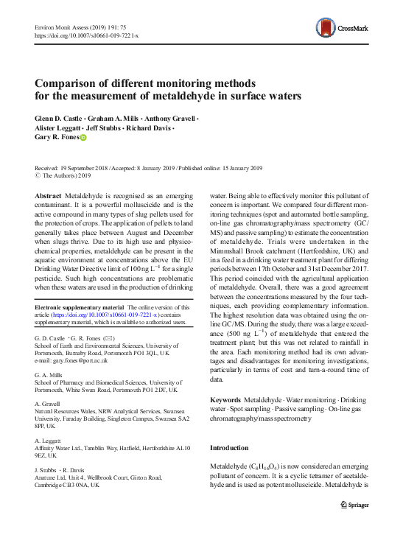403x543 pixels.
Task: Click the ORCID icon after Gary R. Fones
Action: tap(83, 138)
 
